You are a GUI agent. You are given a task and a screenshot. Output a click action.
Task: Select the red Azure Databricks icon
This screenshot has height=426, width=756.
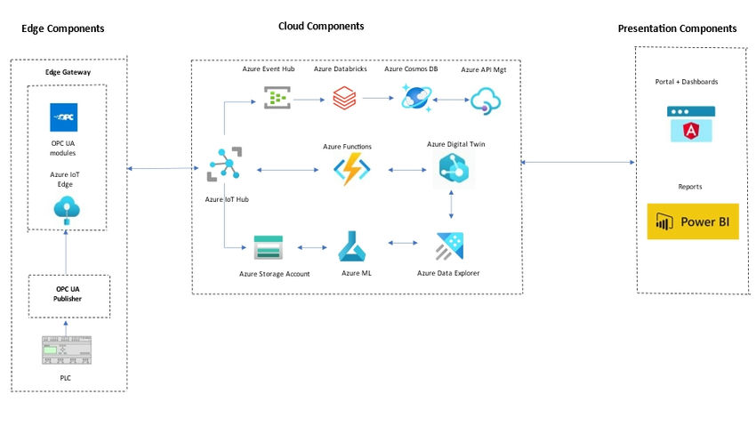point(344,97)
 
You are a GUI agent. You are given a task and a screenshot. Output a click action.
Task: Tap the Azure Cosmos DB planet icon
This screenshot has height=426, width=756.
point(416,97)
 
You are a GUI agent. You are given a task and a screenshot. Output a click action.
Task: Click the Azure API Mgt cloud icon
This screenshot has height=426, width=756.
point(487,100)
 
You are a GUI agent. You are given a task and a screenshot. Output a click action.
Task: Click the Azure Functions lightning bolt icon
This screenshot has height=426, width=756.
point(350,168)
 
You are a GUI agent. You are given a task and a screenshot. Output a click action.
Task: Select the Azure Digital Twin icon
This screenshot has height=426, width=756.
point(454,168)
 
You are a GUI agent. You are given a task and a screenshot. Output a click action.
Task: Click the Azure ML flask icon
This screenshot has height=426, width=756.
point(353,245)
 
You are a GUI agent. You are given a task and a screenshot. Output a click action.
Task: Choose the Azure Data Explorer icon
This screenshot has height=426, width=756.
point(451,245)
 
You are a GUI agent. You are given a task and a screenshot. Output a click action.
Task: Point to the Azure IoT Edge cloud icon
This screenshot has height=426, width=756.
point(67,208)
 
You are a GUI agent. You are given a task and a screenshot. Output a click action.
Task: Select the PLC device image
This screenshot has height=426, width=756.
point(67,350)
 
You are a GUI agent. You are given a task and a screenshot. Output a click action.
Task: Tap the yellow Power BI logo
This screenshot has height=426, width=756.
point(692,221)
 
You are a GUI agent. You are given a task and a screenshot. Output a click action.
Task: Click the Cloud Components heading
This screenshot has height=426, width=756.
point(321,27)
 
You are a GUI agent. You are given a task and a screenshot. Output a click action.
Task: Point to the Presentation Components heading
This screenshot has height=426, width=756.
point(677,28)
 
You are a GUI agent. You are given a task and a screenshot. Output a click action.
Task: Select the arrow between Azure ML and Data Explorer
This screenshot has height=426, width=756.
point(403,243)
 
